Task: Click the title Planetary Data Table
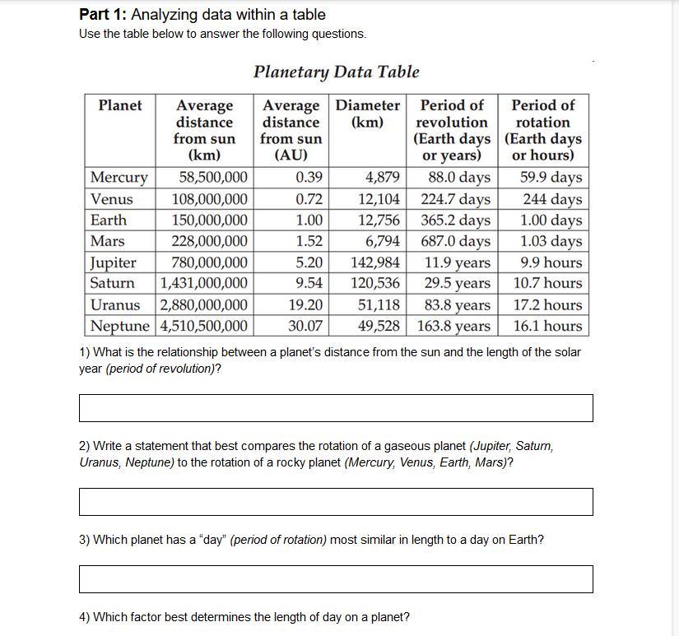point(336,72)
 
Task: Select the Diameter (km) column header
point(367,114)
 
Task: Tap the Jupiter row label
point(114,262)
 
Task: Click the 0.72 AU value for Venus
point(309,199)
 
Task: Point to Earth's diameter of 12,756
point(379,221)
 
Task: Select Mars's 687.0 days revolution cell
point(455,241)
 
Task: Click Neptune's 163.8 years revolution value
point(454,326)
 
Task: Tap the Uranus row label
point(115,304)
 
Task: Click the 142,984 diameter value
point(375,262)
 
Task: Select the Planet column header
point(120,105)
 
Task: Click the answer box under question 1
point(336,408)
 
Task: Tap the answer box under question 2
point(336,502)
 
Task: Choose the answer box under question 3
point(336,578)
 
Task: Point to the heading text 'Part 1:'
point(103,15)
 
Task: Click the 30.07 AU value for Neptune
point(305,326)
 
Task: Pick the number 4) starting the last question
point(85,617)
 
